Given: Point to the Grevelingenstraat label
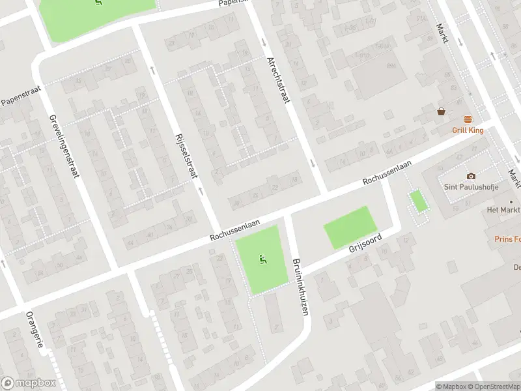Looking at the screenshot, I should [63, 147].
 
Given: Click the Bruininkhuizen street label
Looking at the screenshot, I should [300, 285].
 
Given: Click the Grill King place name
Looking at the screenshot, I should [468, 130].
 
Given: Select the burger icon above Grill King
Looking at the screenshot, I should [468, 119].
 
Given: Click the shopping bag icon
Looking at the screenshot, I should [442, 111].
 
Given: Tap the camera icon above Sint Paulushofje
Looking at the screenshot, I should [471, 176].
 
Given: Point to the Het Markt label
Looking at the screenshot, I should [503, 210].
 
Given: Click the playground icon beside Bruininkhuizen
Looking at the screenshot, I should [263, 259].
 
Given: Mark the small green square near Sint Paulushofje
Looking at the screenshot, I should [418, 201].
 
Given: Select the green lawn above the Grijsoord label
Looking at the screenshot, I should [350, 226].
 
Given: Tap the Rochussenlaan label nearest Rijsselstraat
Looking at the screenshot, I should [234, 231].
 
